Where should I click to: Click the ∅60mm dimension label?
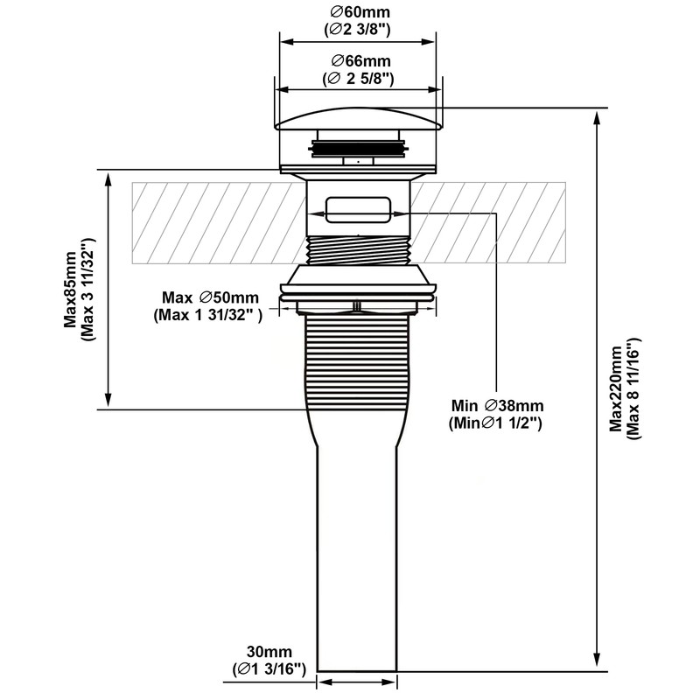tap(360, 11)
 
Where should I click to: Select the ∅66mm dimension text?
tap(361, 60)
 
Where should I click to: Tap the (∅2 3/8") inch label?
tap(358, 30)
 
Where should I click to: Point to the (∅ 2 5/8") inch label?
tap(358, 79)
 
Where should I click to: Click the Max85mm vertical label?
tap(71, 290)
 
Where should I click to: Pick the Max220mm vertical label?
tap(617, 388)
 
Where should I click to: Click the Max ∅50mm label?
tap(210, 297)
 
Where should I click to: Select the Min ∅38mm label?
tap(497, 406)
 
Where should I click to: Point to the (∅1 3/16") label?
tap(269, 669)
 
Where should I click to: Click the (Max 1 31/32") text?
tap(208, 315)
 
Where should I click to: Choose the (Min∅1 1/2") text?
tap(495, 423)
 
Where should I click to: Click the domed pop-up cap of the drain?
tap(359, 119)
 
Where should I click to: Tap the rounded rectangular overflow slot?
tap(359, 209)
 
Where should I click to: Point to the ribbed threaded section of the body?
tap(357, 361)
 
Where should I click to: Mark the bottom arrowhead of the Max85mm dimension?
tap(108, 399)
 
